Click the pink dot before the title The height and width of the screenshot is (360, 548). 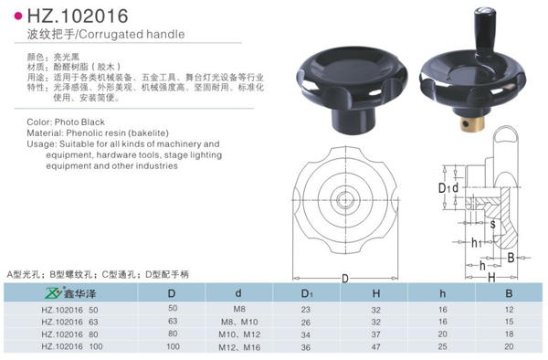pos(19,16)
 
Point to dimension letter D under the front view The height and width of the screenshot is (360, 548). pos(344,278)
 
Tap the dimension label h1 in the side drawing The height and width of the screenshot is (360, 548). pos(477,243)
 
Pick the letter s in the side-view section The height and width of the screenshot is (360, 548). pos(493,223)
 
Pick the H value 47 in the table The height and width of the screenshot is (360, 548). pos(375,346)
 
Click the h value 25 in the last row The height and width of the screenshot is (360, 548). pos(442,346)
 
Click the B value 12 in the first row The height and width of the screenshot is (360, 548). pos(509,310)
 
